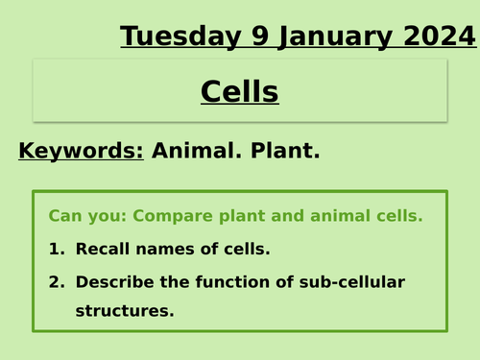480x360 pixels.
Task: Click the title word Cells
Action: (x=240, y=92)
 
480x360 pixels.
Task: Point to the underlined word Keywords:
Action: (x=81, y=151)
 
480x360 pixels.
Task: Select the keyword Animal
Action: (x=195, y=151)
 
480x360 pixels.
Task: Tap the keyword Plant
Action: (x=286, y=151)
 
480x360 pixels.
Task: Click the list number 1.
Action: (x=55, y=250)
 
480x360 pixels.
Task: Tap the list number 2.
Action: (x=55, y=282)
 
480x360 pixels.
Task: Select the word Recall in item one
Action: (x=101, y=250)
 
